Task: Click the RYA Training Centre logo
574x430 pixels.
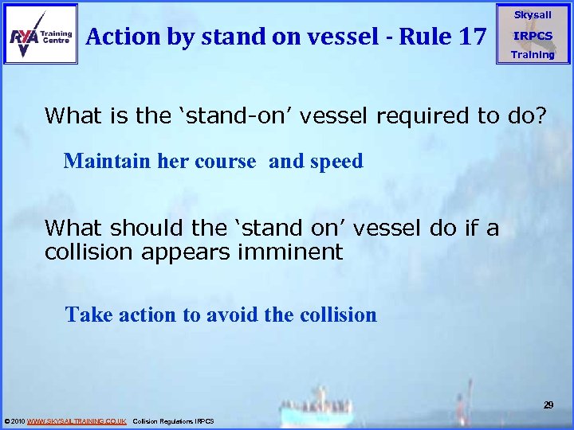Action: click(41, 34)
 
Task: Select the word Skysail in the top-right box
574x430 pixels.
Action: click(533, 15)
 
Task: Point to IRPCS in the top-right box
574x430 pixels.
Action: click(533, 36)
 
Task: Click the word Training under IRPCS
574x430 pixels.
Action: click(533, 54)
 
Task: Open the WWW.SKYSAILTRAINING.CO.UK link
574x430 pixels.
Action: click(77, 420)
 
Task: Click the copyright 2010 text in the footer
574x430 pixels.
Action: click(15, 420)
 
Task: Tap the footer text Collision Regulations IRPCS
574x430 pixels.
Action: click(173, 420)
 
